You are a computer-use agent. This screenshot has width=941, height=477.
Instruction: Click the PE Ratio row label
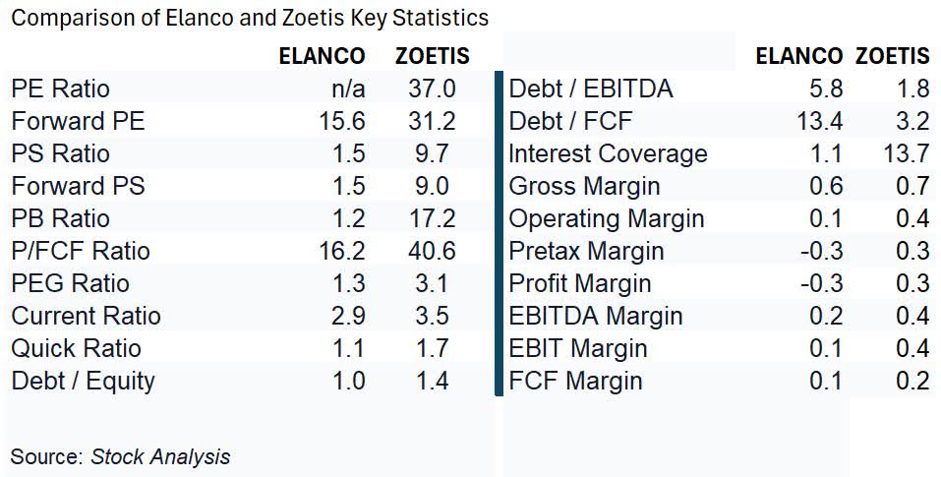[61, 89]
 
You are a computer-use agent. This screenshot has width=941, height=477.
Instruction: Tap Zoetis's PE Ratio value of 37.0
[432, 89]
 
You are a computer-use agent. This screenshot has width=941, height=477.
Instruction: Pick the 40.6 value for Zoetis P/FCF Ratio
[432, 251]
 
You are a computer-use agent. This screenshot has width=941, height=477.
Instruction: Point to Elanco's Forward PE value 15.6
[341, 121]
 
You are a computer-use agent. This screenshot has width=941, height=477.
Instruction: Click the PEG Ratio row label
[70, 283]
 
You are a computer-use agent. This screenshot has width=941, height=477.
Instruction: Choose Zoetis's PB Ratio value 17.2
[432, 218]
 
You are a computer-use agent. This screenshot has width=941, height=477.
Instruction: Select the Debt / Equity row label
[83, 381]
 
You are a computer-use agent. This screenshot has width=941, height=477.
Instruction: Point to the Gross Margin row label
[584, 186]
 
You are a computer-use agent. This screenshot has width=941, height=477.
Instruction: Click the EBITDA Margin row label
[595, 316]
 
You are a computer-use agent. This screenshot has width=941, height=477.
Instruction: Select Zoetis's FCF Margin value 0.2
[912, 381]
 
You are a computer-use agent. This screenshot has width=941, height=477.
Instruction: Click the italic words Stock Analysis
[160, 456]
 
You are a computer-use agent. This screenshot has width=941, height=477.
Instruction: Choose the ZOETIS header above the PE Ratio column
[433, 56]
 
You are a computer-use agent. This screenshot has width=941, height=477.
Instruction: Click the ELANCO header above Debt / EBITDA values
[798, 56]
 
